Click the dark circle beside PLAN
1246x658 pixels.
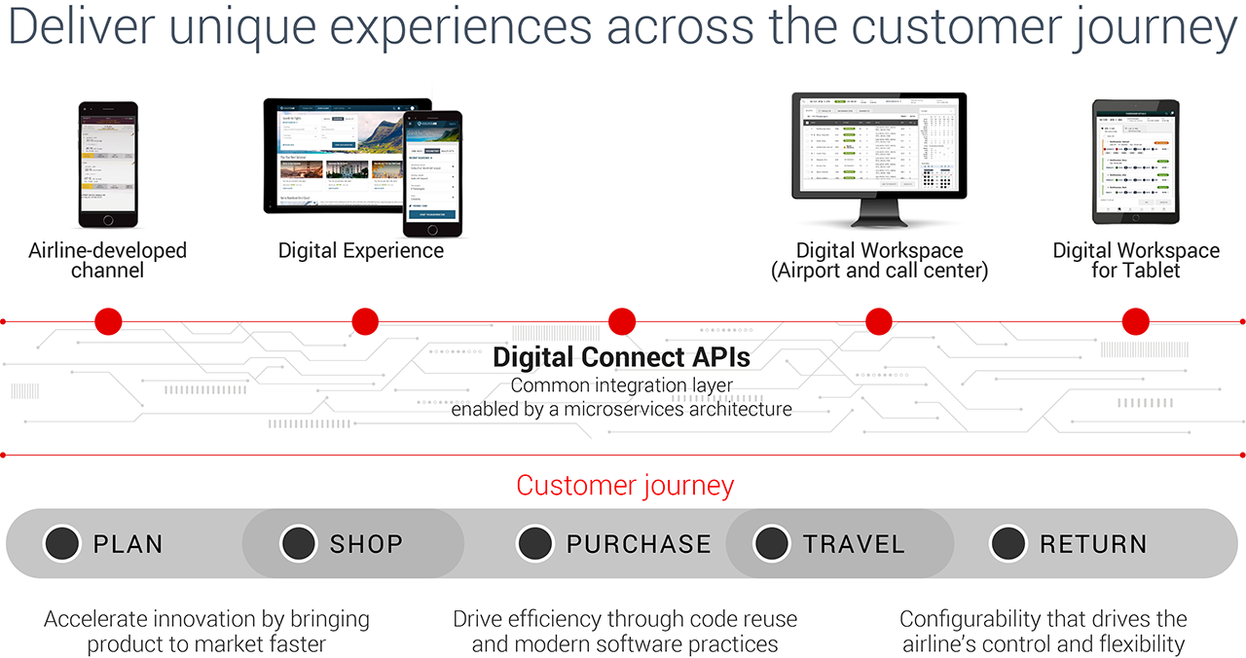click(x=62, y=543)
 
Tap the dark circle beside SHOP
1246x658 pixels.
click(x=299, y=543)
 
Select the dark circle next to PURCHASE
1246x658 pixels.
click(x=535, y=543)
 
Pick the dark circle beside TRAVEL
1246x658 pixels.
click(x=772, y=543)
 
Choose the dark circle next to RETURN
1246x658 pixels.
click(x=1008, y=543)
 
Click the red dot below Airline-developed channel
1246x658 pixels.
click(x=108, y=321)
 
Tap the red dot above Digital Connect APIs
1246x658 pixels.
click(x=622, y=321)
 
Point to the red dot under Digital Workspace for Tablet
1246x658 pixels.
click(x=1136, y=321)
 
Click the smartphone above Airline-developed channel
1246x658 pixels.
click(x=108, y=164)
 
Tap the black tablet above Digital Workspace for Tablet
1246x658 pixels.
click(x=1136, y=162)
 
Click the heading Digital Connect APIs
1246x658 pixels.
click(x=622, y=356)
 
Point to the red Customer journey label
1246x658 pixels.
click(x=625, y=485)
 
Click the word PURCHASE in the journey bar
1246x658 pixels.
click(x=639, y=544)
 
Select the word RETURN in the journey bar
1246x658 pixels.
click(x=1093, y=544)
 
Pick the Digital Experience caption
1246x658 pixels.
click(x=361, y=251)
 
